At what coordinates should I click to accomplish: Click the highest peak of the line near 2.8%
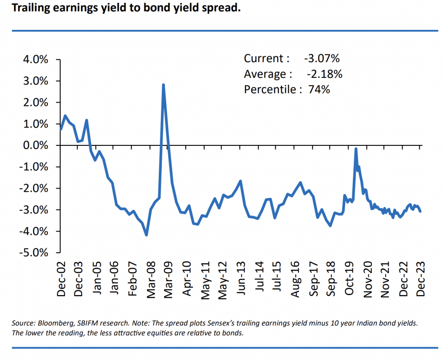[163, 85]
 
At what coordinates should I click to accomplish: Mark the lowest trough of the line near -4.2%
[147, 235]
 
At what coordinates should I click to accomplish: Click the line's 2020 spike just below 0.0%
[356, 149]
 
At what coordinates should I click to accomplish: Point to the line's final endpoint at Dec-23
[420, 211]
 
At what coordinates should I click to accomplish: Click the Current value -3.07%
[322, 58]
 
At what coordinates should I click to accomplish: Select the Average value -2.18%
[324, 74]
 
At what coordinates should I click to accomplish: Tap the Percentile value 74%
[319, 90]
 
